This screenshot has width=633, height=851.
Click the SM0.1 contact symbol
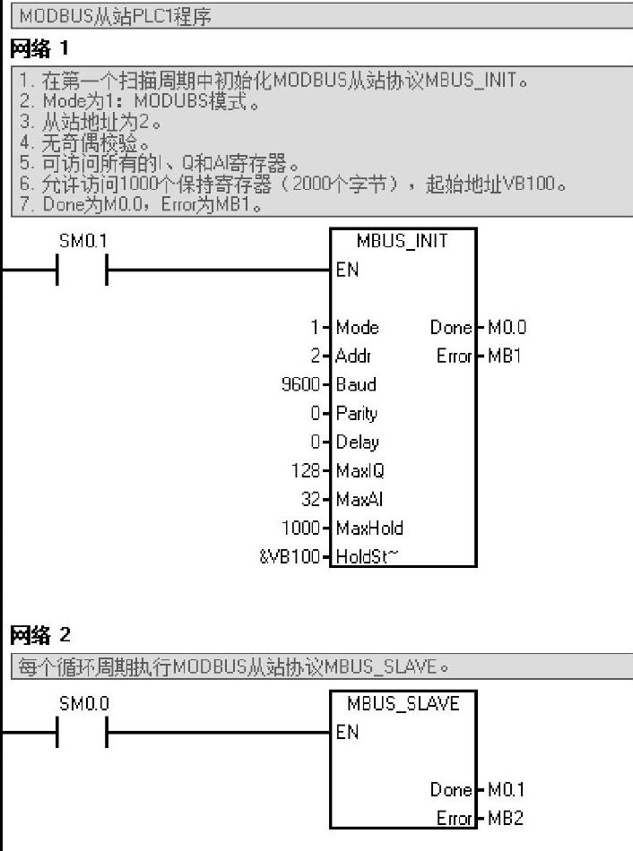pos(82,270)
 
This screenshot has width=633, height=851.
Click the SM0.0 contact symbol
pos(82,732)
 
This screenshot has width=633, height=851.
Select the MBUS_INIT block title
pos(402,242)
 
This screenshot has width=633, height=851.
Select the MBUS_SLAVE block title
pos(403,704)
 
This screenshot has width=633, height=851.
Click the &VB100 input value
pos(290,556)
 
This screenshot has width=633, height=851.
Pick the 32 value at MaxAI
pos(311,499)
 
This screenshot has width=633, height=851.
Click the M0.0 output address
pos(507,327)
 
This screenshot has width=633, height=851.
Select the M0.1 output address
pos(507,789)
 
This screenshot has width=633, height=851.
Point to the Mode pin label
pos(358,327)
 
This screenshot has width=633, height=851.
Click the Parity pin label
pos(357,413)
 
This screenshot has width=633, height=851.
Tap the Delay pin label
pos(358,442)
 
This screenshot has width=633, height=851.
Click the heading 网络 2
pos(39,635)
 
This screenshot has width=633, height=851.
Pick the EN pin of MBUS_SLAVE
pos(347,732)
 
